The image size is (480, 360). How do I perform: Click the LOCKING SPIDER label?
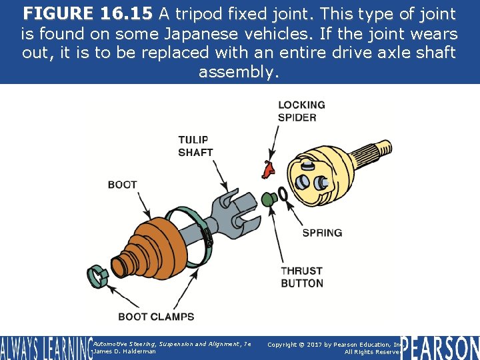click(301, 111)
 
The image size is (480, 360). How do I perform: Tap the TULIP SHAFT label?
click(195, 145)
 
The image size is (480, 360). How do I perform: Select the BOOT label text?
click(122, 185)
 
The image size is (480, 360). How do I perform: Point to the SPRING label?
click(322, 233)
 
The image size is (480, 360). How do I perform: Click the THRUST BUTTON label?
click(301, 277)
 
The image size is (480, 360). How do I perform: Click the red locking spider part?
click(269, 169)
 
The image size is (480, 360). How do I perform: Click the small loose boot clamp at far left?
click(97, 274)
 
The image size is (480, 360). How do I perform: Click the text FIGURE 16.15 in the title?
click(87, 14)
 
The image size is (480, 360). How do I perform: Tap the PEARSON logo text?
click(439, 348)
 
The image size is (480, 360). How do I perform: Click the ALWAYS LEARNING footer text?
click(45, 348)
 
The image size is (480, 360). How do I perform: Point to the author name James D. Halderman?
click(125, 351)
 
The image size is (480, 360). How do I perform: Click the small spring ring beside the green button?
click(282, 194)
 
